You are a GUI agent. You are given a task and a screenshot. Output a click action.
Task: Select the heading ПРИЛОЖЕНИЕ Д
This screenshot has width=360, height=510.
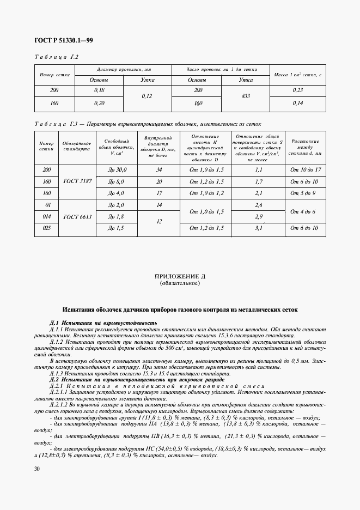pos(180,277)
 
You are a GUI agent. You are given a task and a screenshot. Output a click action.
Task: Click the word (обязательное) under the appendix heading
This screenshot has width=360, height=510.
pos(180,283)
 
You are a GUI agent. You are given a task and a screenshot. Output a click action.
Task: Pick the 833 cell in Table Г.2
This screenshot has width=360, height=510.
pos(245,96)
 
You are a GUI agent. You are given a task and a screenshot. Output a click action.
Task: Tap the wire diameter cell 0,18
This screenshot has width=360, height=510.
pos(99,90)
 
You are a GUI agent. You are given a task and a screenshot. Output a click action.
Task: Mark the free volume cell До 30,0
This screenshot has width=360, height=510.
pos(117,170)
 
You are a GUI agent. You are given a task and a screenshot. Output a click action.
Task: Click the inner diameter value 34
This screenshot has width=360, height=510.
pos(159,170)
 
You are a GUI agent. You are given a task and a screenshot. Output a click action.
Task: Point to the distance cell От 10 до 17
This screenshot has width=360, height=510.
pos(303,170)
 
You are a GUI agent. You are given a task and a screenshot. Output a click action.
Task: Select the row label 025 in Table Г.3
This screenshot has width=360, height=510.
pos(46,228)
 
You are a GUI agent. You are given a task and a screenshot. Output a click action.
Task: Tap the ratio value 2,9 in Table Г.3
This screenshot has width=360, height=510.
pos(259,216)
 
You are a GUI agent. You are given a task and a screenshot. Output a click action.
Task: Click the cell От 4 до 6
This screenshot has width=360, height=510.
pos(303,210)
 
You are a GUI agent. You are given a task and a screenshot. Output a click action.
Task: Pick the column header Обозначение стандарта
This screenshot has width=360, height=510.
pos(72,147)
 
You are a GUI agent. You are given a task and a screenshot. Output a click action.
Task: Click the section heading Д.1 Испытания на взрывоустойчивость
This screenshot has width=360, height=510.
pos(103,323)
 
